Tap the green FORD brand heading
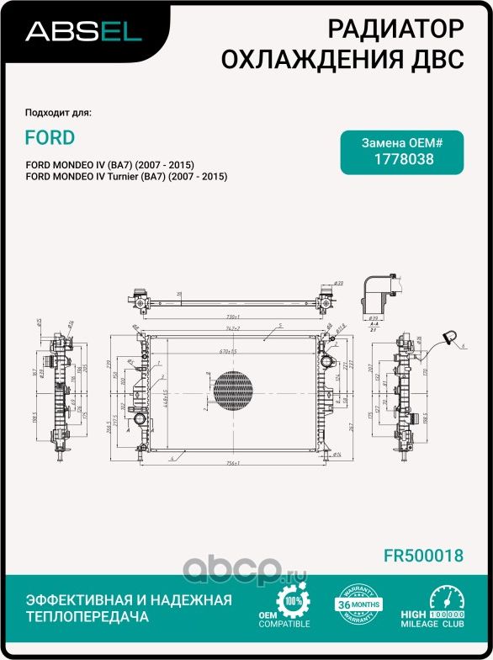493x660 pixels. (49, 137)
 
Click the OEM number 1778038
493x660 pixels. (402, 158)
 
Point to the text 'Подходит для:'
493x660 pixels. (58, 113)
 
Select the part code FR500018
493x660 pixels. (423, 556)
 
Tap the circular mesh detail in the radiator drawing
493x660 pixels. (232, 389)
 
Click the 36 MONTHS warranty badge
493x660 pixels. (355, 604)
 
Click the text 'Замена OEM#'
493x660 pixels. (401, 143)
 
